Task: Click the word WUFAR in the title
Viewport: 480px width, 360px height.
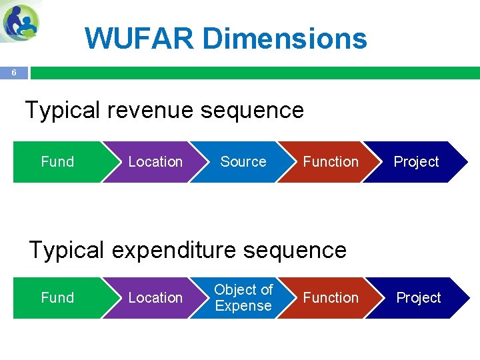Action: point(139,38)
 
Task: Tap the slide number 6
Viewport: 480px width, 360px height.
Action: point(14,73)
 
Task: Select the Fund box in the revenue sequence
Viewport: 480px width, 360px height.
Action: point(57,162)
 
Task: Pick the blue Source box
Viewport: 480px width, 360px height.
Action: point(243,162)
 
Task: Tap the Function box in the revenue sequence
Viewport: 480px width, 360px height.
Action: point(331,162)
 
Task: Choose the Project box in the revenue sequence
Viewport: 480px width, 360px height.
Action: point(416,162)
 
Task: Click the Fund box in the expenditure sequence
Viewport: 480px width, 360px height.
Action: point(57,298)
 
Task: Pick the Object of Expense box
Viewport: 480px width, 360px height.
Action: point(243,298)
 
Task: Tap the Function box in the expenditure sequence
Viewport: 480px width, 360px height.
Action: point(331,298)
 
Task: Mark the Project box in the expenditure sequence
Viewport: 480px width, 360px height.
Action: point(418,298)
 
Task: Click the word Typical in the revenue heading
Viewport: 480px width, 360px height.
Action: point(64,110)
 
